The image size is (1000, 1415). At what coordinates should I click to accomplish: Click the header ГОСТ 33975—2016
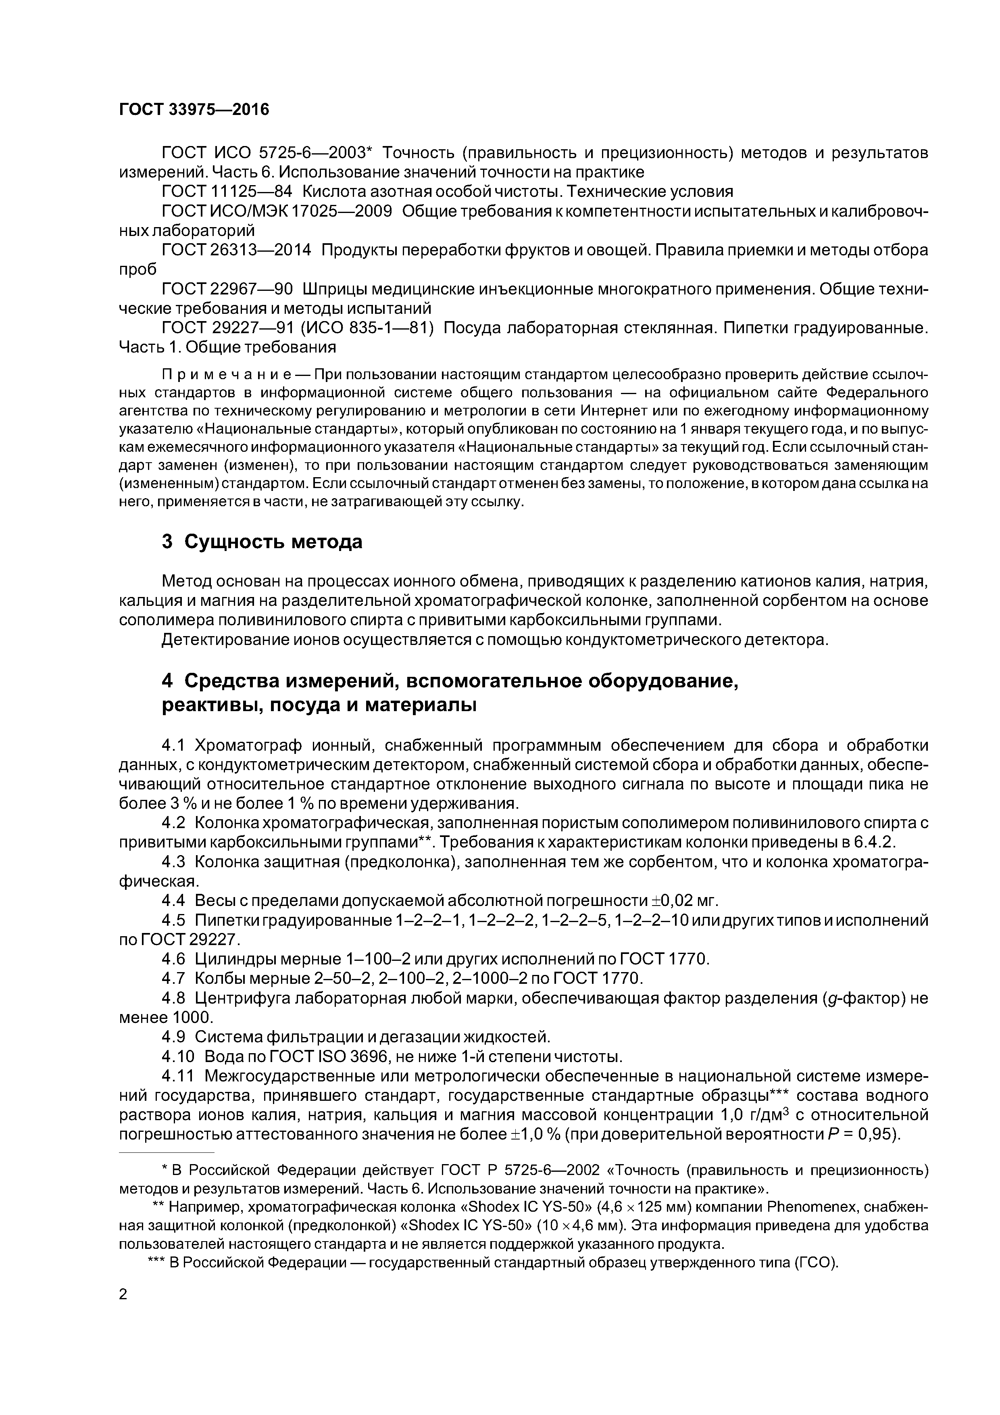click(194, 110)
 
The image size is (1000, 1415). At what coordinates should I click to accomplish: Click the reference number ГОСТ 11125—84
click(226, 191)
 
